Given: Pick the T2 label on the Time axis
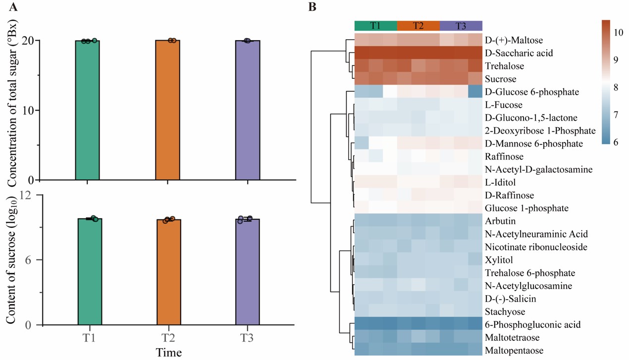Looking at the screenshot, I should coord(169,338).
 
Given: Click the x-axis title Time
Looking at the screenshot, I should coord(169,352).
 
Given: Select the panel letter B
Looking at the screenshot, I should coord(312,7).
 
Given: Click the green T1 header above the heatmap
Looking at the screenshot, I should coord(375,26).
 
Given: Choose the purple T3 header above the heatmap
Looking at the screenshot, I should coord(461,26).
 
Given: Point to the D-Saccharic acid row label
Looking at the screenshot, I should coord(519,53).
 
